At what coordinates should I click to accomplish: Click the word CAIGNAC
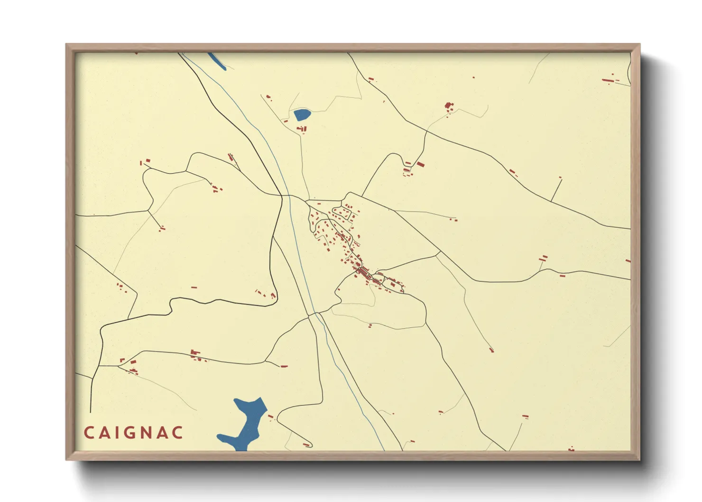134,433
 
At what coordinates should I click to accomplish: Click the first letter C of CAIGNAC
89,433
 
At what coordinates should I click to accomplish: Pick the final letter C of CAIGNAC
178,433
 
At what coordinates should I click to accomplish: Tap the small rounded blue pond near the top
302,114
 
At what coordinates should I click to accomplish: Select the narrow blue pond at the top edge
216,61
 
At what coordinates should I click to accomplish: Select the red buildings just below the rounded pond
302,129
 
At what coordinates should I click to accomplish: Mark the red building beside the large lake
271,417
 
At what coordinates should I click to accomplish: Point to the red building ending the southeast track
491,350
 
